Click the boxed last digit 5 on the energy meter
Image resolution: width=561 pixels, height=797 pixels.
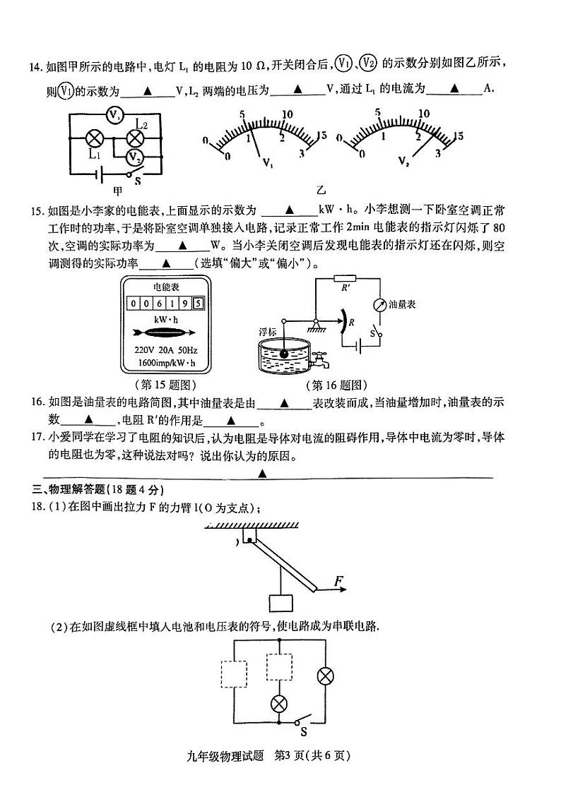(x=198, y=304)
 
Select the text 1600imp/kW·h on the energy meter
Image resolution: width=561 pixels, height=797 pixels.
(x=166, y=364)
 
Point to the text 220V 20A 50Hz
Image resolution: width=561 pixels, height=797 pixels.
(x=166, y=350)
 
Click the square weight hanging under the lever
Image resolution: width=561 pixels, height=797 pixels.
(x=280, y=604)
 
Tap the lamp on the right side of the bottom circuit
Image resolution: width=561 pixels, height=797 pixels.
(x=326, y=676)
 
